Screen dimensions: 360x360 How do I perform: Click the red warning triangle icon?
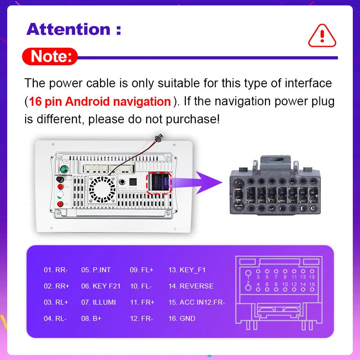tap(322, 36)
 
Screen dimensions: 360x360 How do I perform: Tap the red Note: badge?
tap(50, 57)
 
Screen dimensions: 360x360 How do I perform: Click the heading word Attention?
tap(68, 29)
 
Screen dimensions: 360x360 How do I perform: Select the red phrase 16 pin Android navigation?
tap(100, 101)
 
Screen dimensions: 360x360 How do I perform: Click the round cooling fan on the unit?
tap(102, 189)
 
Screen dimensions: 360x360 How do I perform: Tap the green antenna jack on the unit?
tap(64, 169)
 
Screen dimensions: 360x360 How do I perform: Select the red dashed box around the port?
tap(159, 184)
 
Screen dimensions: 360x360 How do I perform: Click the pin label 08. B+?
tap(91, 319)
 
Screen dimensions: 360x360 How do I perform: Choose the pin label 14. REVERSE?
tap(191, 286)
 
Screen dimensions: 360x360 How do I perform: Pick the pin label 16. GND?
tap(182, 319)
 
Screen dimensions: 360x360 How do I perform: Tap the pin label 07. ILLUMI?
tap(99, 302)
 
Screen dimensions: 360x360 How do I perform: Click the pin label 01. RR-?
tap(56, 270)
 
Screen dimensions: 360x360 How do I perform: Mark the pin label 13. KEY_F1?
tap(187, 270)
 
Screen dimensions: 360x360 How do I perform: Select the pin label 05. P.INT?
tap(96, 270)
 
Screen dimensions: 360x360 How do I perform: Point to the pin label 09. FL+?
tap(141, 270)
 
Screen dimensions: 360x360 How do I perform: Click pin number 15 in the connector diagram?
tap(312, 277)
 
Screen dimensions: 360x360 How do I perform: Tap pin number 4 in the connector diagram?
tap(258, 284)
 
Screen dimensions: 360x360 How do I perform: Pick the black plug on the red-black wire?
tap(158, 138)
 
